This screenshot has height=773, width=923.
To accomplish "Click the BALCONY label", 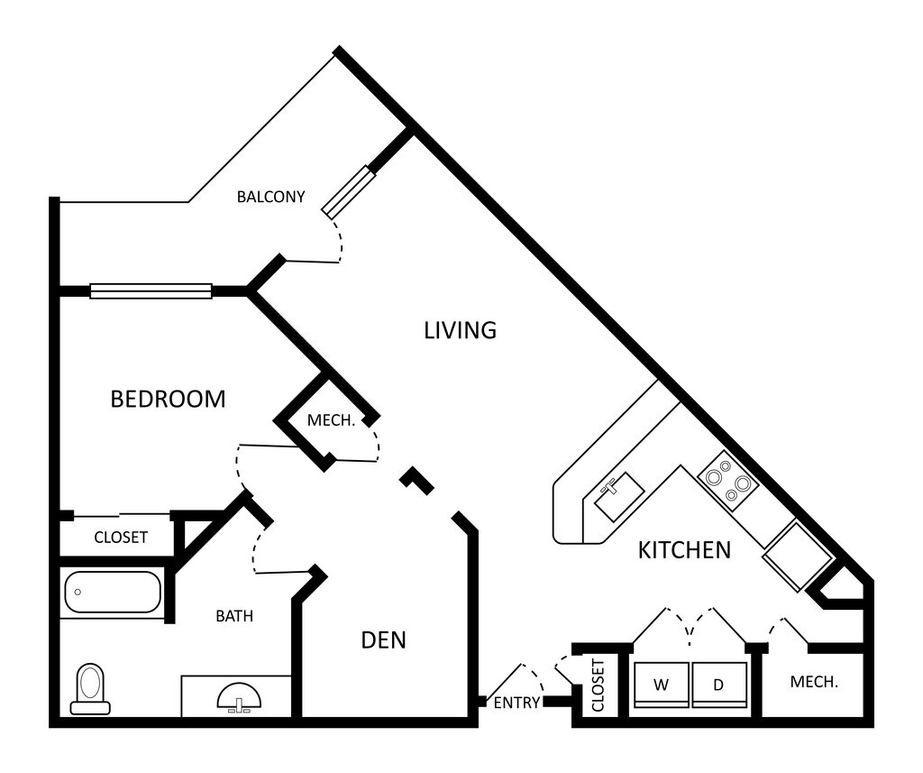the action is (270, 197).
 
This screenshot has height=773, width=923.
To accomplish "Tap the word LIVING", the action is (461, 330).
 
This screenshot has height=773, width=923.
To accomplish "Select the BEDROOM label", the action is (169, 400).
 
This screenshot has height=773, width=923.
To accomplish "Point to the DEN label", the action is (384, 640).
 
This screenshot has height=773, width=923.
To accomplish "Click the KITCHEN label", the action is (685, 550).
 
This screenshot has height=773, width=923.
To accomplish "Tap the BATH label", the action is (234, 616).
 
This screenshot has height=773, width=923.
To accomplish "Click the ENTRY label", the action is (516, 703).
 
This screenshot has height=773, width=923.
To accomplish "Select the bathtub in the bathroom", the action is (113, 592).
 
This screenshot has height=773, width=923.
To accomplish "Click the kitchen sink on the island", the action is (618, 496).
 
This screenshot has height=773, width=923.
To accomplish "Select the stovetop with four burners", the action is (728, 481).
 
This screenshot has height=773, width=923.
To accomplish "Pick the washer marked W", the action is (661, 685).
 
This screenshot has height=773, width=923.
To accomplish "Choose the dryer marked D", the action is (719, 685).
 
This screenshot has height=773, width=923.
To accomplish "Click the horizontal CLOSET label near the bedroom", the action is (121, 538).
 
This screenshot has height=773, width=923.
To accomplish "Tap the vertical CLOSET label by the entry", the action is (599, 686).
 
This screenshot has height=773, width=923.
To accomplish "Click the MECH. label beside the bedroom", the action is (331, 420).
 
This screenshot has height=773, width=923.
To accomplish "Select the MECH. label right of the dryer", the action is (814, 682).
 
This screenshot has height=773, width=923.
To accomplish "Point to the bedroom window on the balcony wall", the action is (151, 291).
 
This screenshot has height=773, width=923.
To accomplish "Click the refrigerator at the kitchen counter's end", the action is (799, 557).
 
